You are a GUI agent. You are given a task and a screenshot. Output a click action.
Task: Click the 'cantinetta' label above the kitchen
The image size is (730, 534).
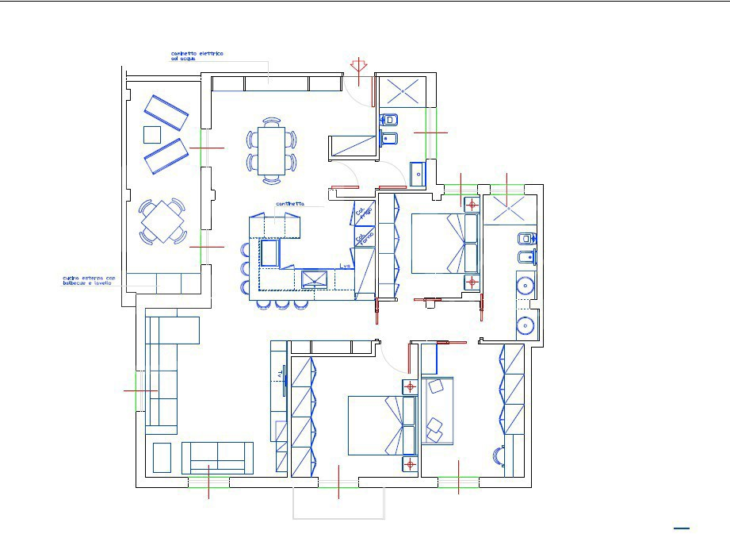coord(290,204)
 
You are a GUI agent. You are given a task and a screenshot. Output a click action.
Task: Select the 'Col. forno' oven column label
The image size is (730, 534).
coord(364,237)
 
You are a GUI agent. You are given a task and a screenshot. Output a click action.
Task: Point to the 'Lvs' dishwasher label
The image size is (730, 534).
coord(345,267)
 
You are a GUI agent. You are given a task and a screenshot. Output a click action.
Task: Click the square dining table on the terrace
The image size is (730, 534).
coord(162,220)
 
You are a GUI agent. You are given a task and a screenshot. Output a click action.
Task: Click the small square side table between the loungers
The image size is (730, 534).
coord(152,134)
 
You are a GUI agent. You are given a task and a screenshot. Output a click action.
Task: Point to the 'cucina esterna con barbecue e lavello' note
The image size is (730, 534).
coord(89,281)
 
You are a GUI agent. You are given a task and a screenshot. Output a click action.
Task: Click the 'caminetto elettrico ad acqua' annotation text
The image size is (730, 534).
coord(197,56)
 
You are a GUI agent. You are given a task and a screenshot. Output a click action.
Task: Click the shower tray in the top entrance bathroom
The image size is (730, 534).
coord(403,92)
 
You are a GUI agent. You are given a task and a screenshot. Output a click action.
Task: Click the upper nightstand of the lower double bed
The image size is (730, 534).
coord(410,387)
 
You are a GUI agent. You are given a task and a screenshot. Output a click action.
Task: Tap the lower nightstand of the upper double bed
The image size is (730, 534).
coord(472,282)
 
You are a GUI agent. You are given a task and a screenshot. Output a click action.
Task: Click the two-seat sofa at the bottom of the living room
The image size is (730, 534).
coord(217,458)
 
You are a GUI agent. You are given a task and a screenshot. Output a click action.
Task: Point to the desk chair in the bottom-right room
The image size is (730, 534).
coord(499,456)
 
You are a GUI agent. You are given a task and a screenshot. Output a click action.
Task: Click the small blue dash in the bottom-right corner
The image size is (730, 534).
coord(682,528)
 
